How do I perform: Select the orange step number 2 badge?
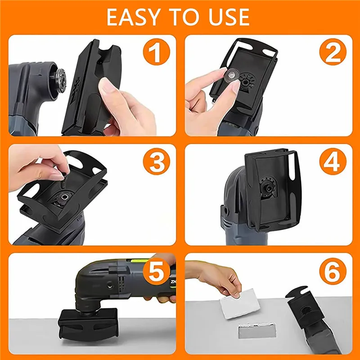(x=333, y=52)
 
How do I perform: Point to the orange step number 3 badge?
(x=156, y=162)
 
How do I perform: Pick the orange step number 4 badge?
(x=333, y=162)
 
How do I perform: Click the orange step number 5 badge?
(x=156, y=271)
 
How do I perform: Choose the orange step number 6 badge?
(x=333, y=271)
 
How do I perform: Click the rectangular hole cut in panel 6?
(x=257, y=330)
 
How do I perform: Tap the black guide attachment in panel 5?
(x=88, y=325)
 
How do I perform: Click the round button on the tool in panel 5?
(x=110, y=284)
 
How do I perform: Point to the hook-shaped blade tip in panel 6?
(x=297, y=293)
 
